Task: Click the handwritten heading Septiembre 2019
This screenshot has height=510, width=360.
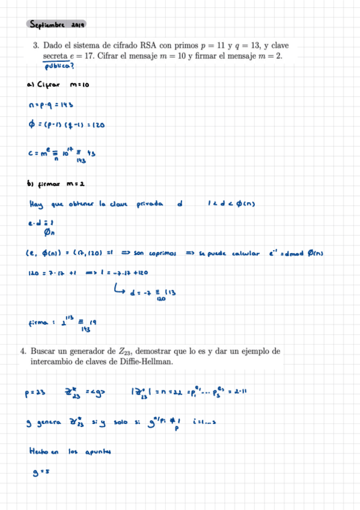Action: [x=58, y=25]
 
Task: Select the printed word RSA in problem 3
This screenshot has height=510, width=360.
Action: [x=148, y=45]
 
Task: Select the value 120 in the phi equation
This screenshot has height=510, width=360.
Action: [x=99, y=125]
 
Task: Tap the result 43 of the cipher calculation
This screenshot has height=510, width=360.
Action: [x=93, y=153]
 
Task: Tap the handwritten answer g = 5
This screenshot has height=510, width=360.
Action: [x=41, y=473]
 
